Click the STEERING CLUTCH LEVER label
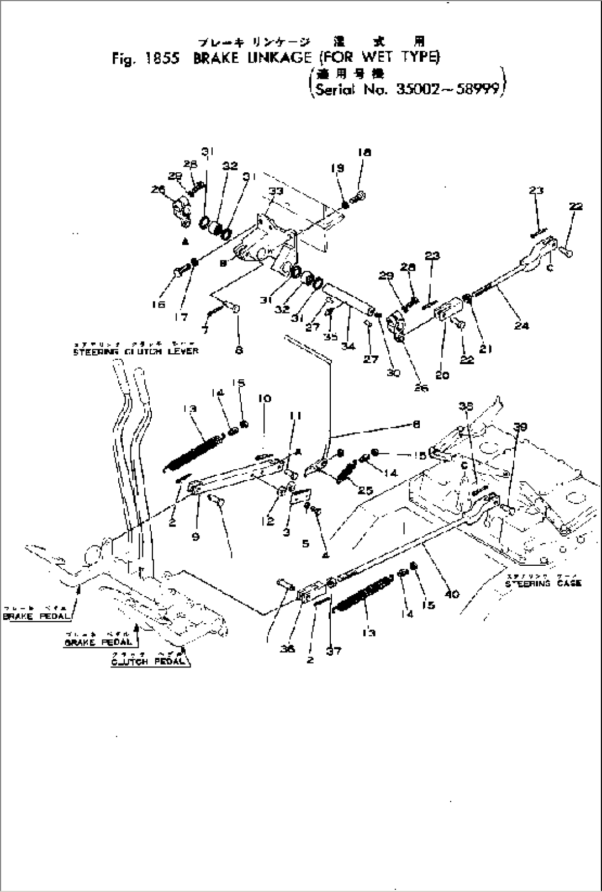tap(135, 352)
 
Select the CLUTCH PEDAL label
tap(148, 662)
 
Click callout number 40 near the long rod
tap(452, 594)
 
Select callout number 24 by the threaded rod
tap(521, 326)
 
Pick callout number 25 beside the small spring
tap(366, 490)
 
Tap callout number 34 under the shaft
tap(348, 347)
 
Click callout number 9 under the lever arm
tap(196, 535)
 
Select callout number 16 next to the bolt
tap(159, 304)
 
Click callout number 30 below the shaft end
tap(393, 373)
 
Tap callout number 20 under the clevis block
tap(442, 375)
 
